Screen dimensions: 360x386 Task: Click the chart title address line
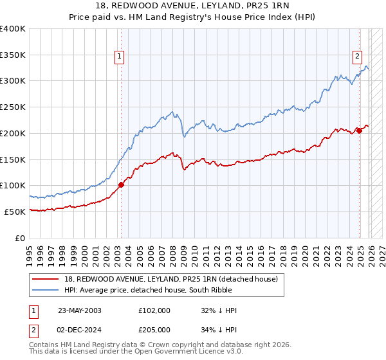click(x=193, y=6)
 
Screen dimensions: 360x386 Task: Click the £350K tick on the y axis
click(x=14, y=55)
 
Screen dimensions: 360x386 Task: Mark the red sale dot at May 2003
click(x=121, y=184)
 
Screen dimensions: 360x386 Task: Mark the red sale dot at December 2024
click(x=359, y=130)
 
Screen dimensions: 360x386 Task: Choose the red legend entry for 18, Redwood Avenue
click(x=170, y=279)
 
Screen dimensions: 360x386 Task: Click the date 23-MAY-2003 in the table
click(x=79, y=310)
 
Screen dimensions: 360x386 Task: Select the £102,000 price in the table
click(x=154, y=310)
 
